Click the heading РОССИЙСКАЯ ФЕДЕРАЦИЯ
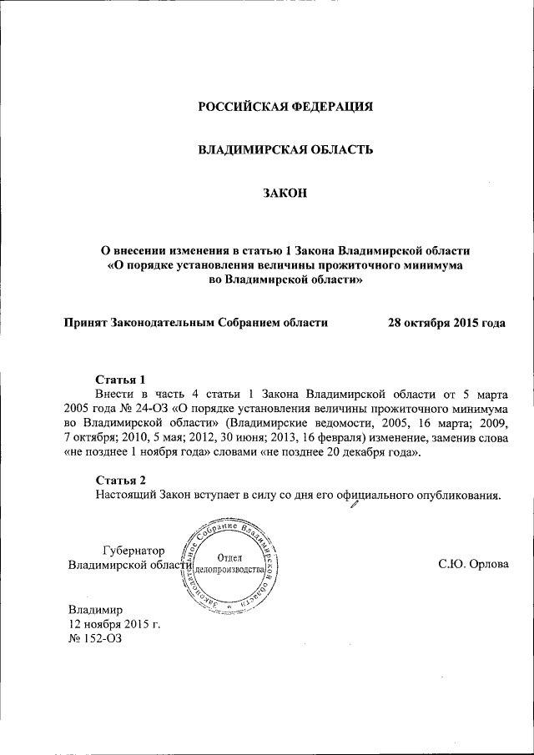285,107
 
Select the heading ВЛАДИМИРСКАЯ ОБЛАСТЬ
285,150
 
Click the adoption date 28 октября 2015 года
446,322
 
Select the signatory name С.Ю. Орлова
473,565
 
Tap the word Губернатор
133,550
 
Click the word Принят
86,322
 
